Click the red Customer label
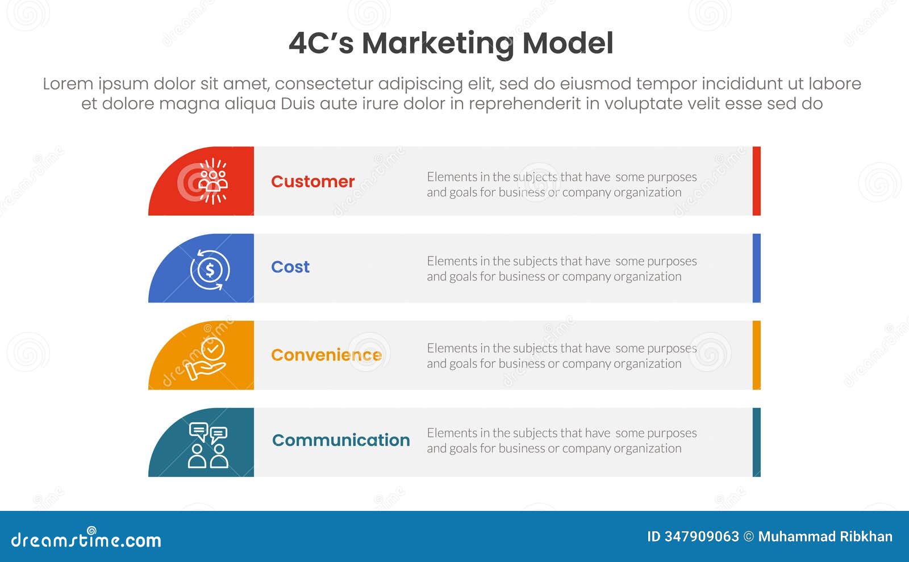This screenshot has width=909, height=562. (312, 182)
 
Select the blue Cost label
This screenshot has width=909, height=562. (290, 267)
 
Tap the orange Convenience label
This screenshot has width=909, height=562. (326, 355)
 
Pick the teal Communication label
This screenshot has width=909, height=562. (341, 440)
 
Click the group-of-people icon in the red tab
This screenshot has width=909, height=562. (213, 181)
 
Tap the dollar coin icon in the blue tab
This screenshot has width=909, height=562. (210, 269)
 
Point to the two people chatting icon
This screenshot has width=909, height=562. (208, 446)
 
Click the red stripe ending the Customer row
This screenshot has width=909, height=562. (756, 181)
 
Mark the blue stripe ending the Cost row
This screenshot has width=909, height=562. (756, 268)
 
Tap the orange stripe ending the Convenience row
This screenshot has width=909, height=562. (756, 355)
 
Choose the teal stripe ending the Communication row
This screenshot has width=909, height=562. (756, 442)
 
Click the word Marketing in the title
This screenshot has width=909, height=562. (437, 44)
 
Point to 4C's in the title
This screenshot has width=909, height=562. (321, 43)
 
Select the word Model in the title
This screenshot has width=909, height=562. (568, 43)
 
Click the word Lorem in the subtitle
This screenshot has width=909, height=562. (68, 84)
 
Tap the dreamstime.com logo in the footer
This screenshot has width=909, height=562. (86, 539)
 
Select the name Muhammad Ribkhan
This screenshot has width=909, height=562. (825, 536)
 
